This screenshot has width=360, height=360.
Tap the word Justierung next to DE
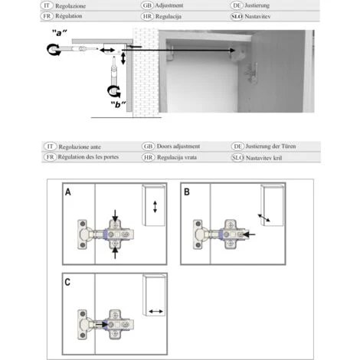(x=264, y=5)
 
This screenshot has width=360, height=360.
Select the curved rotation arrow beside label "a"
(x=54, y=50)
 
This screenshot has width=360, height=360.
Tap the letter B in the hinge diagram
(x=187, y=192)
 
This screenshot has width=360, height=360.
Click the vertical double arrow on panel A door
(x=155, y=208)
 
